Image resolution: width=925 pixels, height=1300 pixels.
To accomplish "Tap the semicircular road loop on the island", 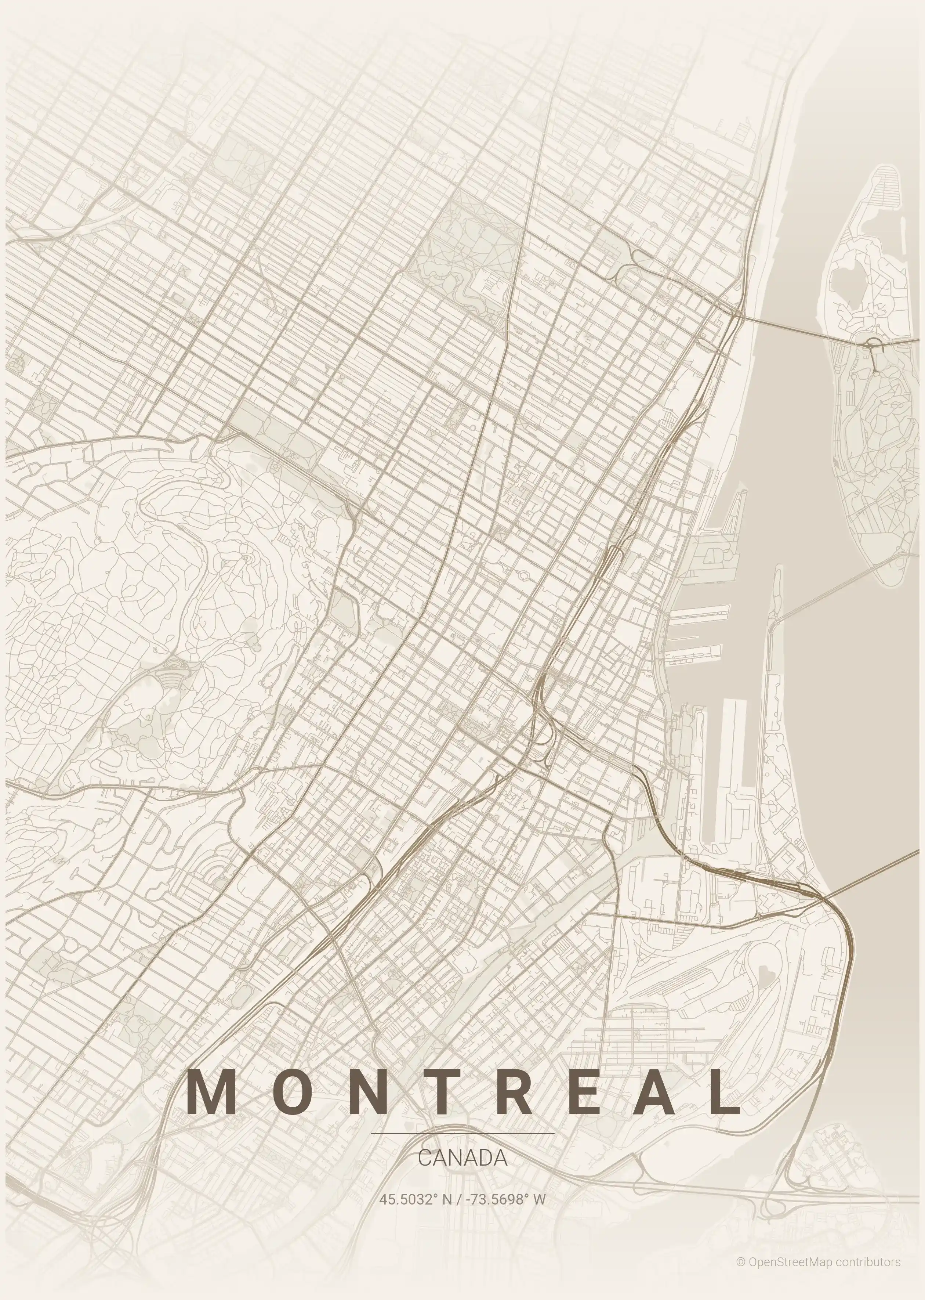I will click(x=873, y=343).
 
